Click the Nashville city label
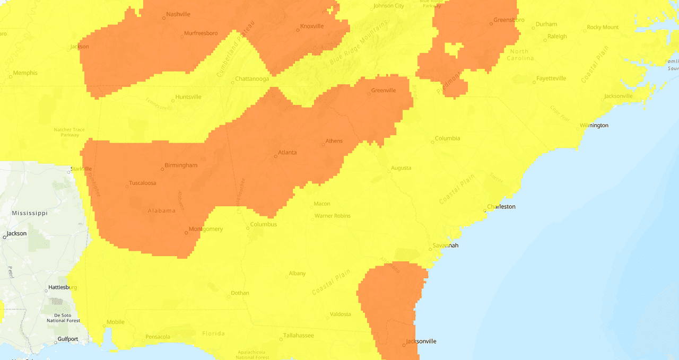click(178, 14)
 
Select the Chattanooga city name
click(252, 79)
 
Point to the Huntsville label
click(189, 97)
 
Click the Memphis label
click(25, 73)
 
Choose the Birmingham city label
click(181, 165)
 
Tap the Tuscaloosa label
click(142, 183)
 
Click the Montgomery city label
click(206, 229)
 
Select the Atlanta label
click(288, 153)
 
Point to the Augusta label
click(401, 168)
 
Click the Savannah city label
click(446, 245)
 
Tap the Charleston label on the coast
click(501, 207)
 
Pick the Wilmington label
click(594, 126)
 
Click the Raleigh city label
click(557, 37)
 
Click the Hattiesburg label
click(63, 287)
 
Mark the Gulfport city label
click(68, 339)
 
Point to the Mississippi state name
click(30, 213)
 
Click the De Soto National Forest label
click(63, 317)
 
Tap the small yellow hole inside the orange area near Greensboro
click(452, 50)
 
